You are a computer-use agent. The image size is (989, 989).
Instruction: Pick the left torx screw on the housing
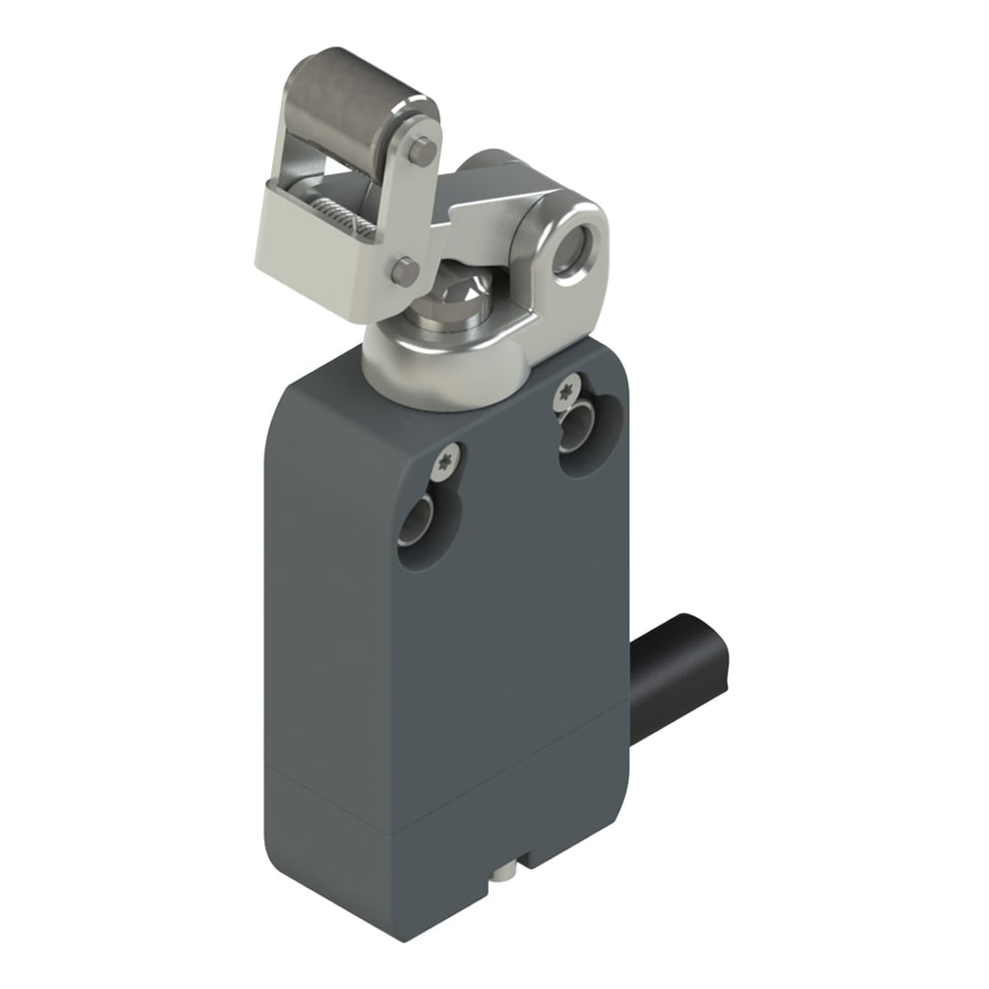click(x=447, y=457)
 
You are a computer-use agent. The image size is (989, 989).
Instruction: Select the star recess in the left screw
click(x=447, y=457)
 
